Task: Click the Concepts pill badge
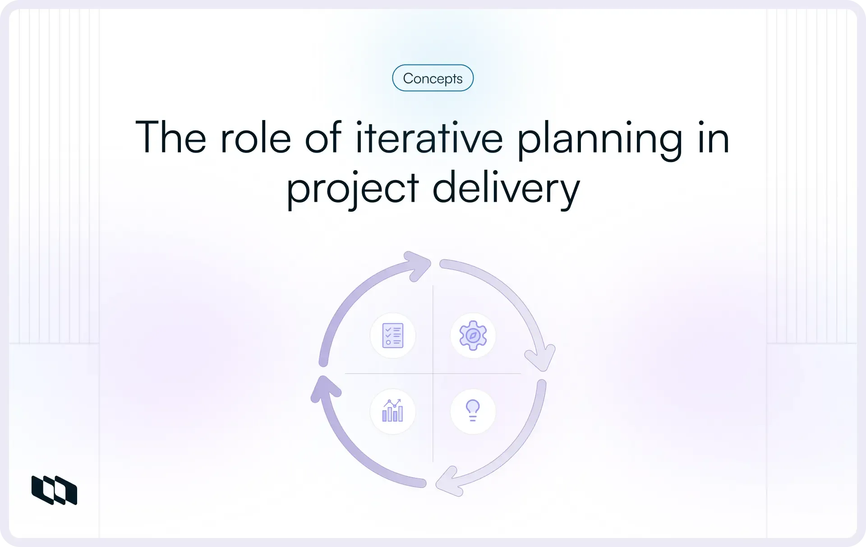click(x=433, y=78)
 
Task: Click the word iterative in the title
click(x=429, y=138)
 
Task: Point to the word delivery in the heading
click(x=506, y=189)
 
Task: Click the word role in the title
click(x=256, y=138)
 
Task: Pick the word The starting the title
click(x=171, y=137)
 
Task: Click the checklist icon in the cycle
click(x=392, y=335)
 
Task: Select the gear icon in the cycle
click(x=473, y=335)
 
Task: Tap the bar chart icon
click(x=392, y=411)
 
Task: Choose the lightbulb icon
click(x=473, y=411)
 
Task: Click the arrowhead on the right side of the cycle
click(x=540, y=357)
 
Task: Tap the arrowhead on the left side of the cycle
click(x=325, y=388)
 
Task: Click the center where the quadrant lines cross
click(x=433, y=373)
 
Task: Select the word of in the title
click(x=323, y=137)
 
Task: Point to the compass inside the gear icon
click(x=473, y=336)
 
